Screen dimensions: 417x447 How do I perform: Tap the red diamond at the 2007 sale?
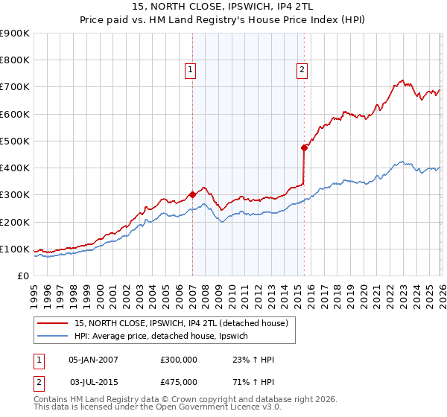(x=192, y=194)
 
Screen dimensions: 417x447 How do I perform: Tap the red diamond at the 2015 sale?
(x=304, y=147)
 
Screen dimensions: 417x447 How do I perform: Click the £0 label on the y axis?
(x=22, y=276)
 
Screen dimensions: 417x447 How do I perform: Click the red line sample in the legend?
(x=54, y=322)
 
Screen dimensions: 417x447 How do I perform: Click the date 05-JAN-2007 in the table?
(x=93, y=360)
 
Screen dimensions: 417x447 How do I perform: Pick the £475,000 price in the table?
(x=179, y=381)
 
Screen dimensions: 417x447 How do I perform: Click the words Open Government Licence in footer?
(x=215, y=408)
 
